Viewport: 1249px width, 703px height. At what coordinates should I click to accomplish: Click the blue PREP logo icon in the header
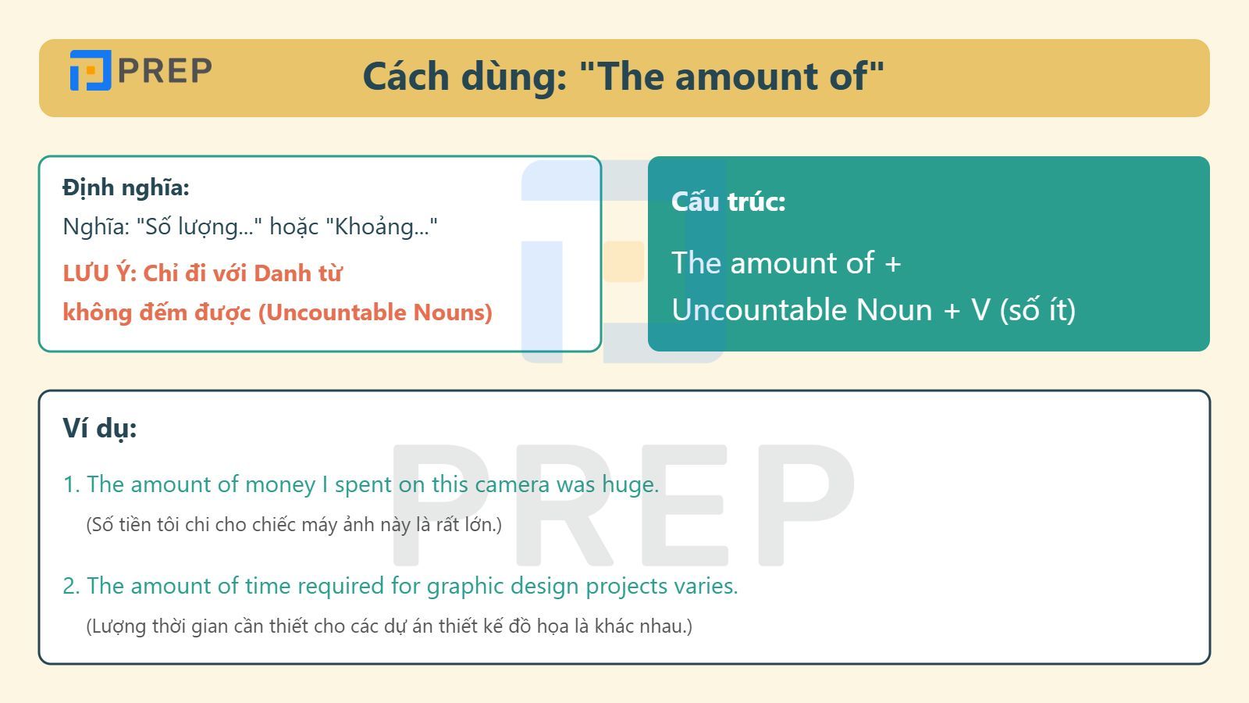[91, 70]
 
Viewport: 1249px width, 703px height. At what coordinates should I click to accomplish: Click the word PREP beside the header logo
[165, 71]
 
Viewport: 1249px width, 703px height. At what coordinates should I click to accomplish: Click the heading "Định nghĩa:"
[126, 187]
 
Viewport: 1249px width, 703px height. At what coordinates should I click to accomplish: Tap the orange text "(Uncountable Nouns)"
[375, 312]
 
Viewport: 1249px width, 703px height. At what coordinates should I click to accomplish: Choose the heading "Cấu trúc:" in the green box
[728, 201]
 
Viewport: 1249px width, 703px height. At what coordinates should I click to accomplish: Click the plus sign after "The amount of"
[893, 263]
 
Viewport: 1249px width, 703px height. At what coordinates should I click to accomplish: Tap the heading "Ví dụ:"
[100, 429]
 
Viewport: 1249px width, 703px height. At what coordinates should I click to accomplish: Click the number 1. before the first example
[71, 484]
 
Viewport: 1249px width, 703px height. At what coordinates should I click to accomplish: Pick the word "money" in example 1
[280, 485]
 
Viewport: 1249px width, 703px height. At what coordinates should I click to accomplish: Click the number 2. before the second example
[71, 587]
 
